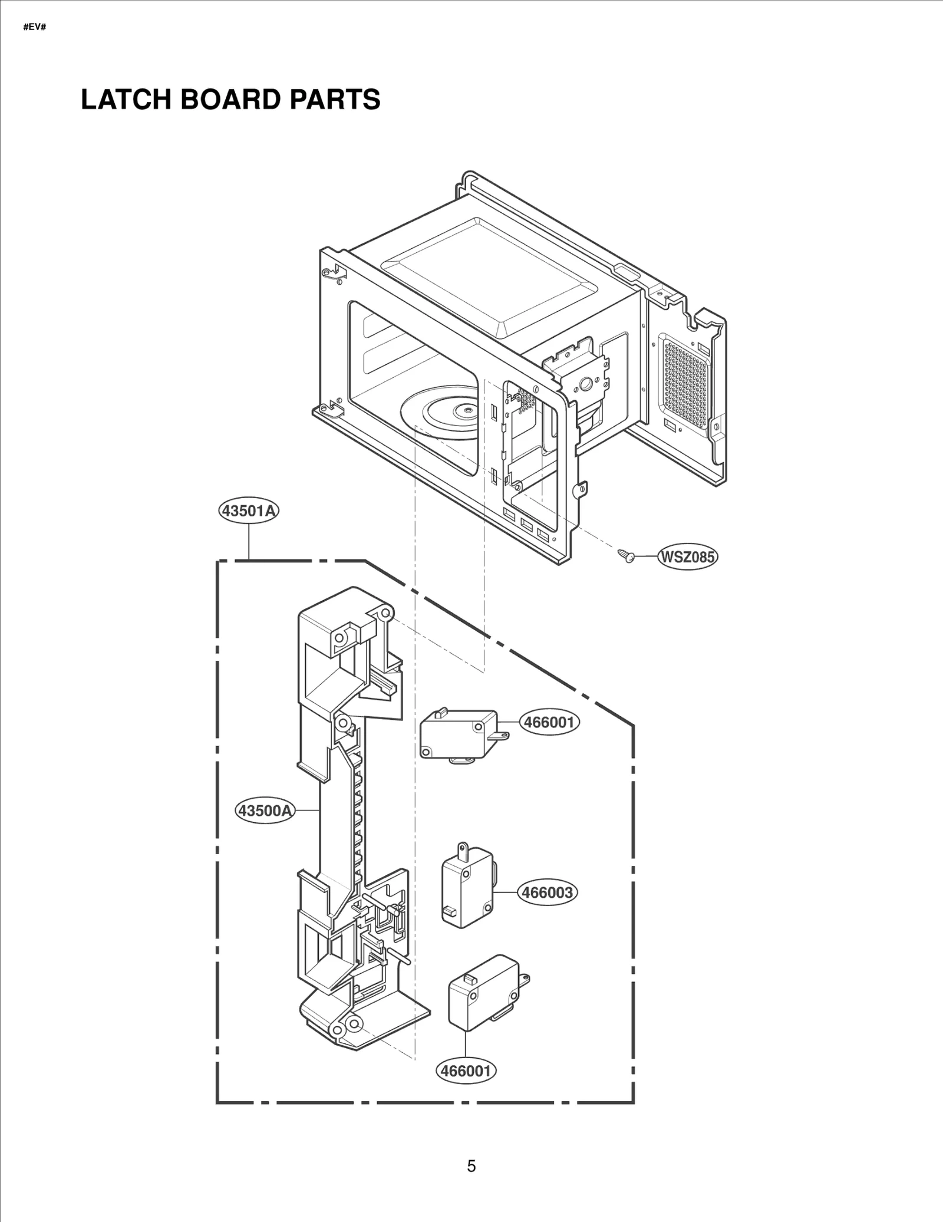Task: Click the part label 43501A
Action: click(x=248, y=510)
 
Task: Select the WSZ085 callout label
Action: click(x=687, y=556)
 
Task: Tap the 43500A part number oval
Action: click(x=265, y=811)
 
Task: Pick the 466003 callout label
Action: click(x=548, y=892)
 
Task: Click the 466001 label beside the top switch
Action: click(x=549, y=722)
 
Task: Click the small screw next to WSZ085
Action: click(x=625, y=555)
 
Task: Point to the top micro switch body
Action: click(x=457, y=734)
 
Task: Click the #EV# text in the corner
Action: click(x=34, y=28)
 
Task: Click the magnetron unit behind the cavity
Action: click(x=581, y=383)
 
